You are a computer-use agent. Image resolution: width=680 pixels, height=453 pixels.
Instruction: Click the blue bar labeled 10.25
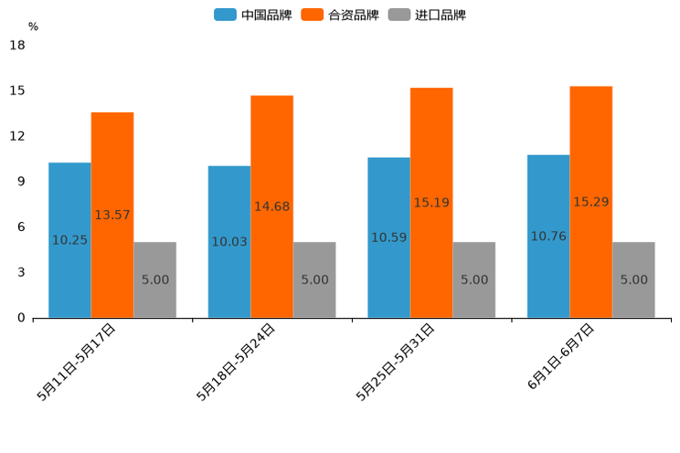69,240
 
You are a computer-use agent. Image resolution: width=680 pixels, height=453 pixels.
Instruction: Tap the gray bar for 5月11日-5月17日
154,279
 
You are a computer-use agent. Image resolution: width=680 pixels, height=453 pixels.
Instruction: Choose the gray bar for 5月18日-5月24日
314,279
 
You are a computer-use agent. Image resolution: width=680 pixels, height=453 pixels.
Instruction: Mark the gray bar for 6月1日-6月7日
633,279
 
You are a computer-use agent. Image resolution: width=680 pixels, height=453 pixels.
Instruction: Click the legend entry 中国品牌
253,15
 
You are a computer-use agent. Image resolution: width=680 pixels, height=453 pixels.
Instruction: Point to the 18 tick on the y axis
17,45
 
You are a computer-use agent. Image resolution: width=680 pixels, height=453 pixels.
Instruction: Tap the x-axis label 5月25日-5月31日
396,362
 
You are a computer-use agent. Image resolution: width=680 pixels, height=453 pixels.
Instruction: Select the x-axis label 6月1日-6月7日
561,357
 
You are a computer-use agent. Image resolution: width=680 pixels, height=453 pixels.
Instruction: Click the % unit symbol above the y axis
33,26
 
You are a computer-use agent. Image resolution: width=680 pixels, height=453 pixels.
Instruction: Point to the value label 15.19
431,203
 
